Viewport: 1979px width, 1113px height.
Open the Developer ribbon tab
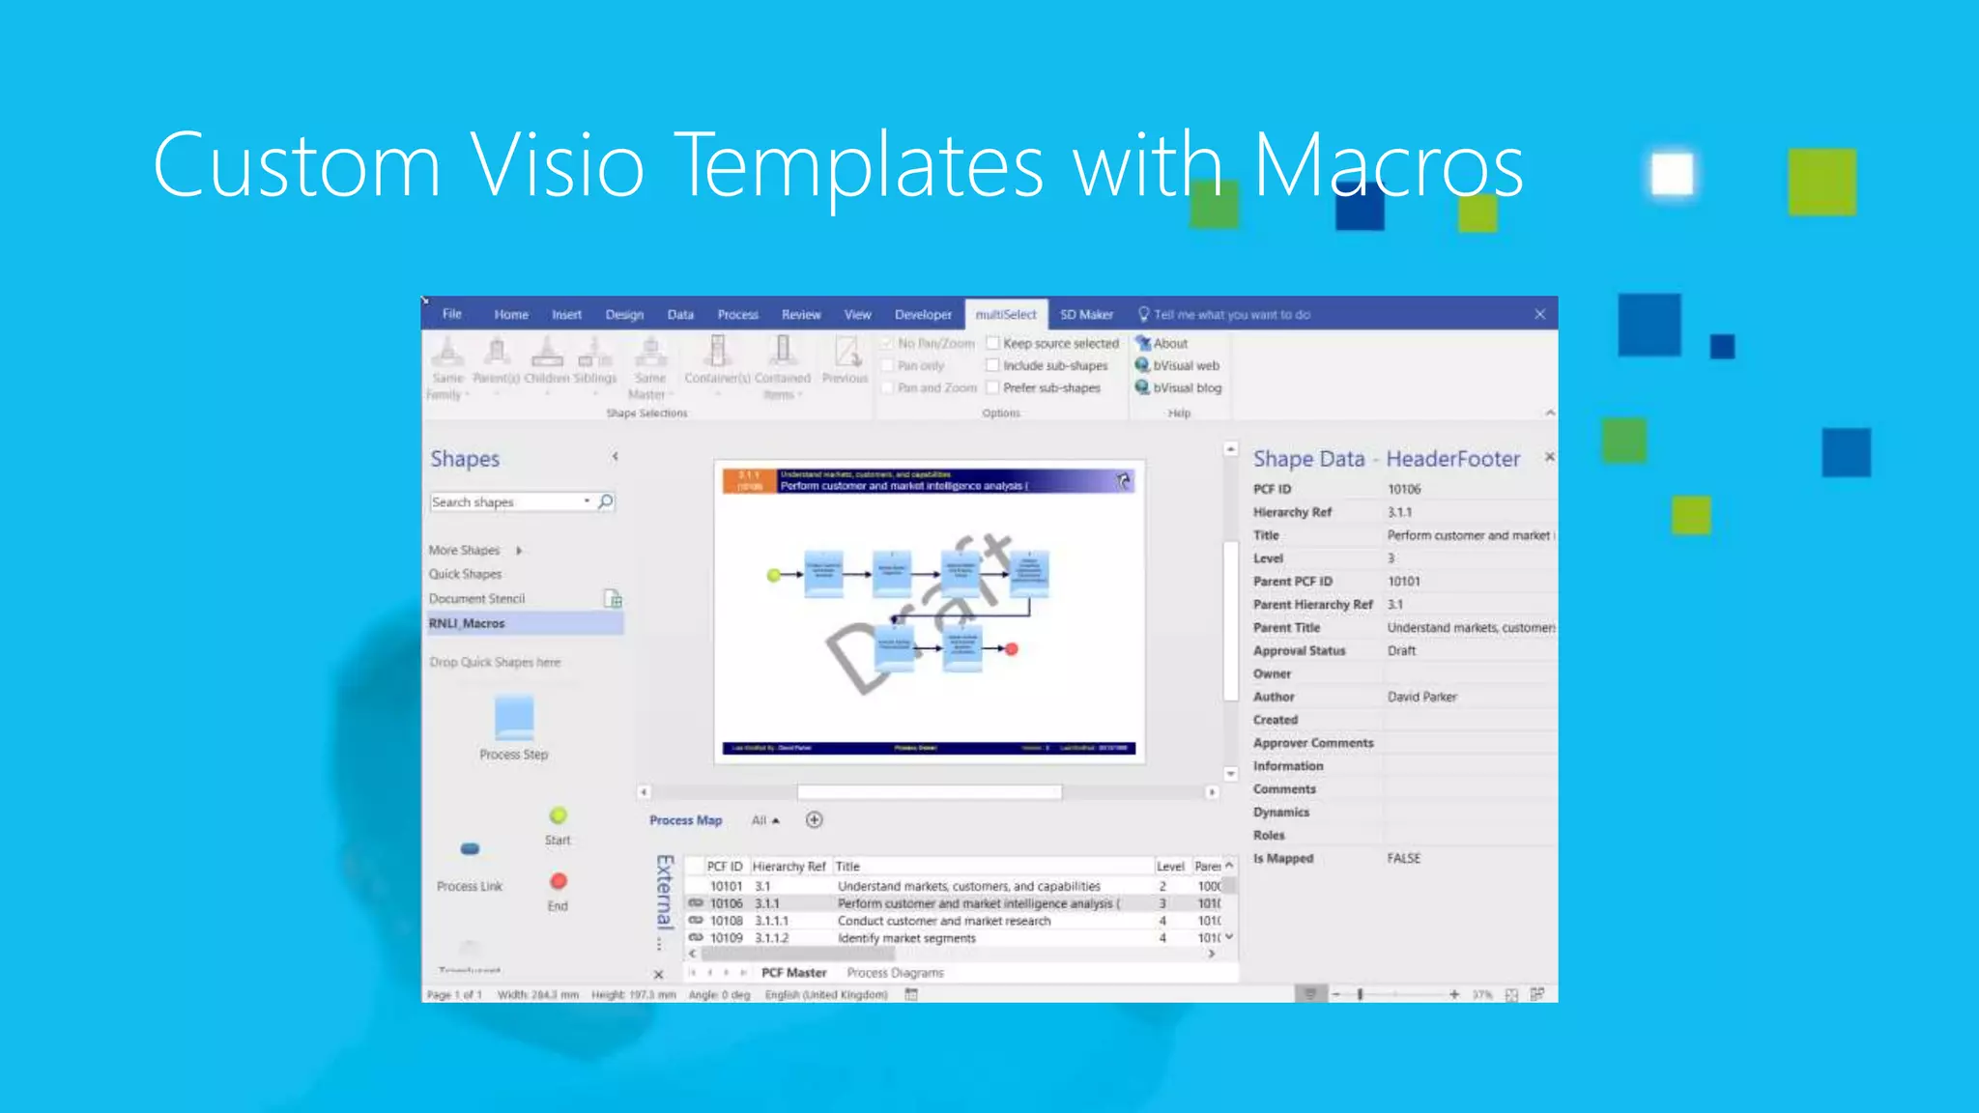923,315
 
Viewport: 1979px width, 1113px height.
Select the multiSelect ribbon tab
1005,315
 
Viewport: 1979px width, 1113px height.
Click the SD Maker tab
1086,315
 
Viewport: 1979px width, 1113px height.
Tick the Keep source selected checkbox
992,343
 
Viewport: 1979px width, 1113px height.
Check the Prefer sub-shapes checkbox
992,388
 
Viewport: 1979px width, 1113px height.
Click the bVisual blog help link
1187,388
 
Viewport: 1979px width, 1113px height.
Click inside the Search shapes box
504,502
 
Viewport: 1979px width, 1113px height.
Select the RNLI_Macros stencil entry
468,624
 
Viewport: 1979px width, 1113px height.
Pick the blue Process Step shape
514,718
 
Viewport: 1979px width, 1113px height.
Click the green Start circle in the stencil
559,816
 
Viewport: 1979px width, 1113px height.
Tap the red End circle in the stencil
559,881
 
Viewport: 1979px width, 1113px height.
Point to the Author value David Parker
1421,697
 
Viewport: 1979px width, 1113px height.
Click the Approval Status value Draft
1401,651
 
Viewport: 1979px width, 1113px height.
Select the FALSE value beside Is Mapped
1403,859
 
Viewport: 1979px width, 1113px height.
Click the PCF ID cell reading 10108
727,922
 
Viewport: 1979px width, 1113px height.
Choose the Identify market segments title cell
906,939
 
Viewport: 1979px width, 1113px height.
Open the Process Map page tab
686,820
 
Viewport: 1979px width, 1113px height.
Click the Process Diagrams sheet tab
895,973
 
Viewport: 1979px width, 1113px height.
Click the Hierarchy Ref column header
789,867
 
